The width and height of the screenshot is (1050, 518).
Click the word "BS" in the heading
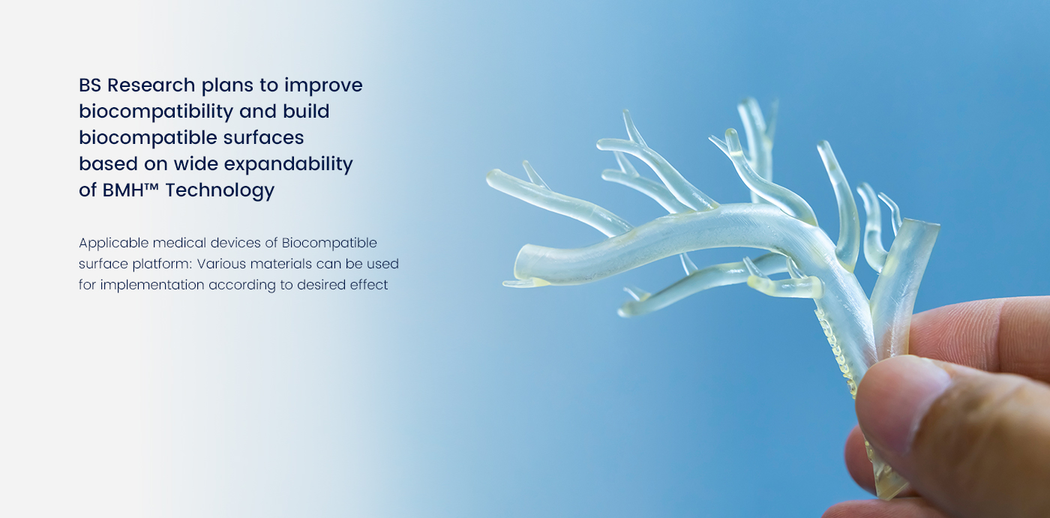(x=90, y=85)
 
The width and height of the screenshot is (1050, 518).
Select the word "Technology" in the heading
(x=220, y=190)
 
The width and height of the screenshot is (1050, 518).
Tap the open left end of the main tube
(x=520, y=262)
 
